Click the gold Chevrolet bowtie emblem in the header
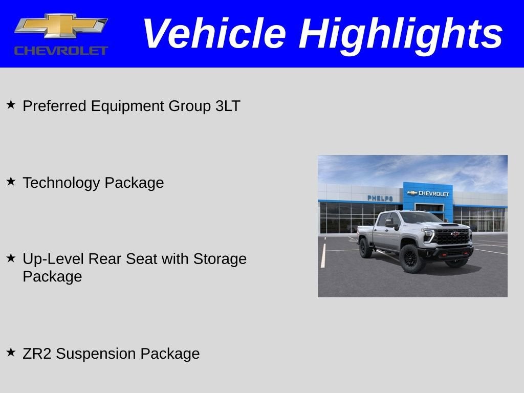[60, 26]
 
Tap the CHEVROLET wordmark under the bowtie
[61, 50]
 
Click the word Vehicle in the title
[214, 34]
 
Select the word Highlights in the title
[401, 34]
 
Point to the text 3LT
[228, 106]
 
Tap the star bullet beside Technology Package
[11, 181]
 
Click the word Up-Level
[53, 259]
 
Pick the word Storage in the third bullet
[220, 259]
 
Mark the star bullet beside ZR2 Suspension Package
[11, 352]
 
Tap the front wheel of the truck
[412, 258]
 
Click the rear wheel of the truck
[365, 248]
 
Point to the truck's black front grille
[452, 236]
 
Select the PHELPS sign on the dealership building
[380, 198]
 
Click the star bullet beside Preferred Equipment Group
[11, 104]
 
